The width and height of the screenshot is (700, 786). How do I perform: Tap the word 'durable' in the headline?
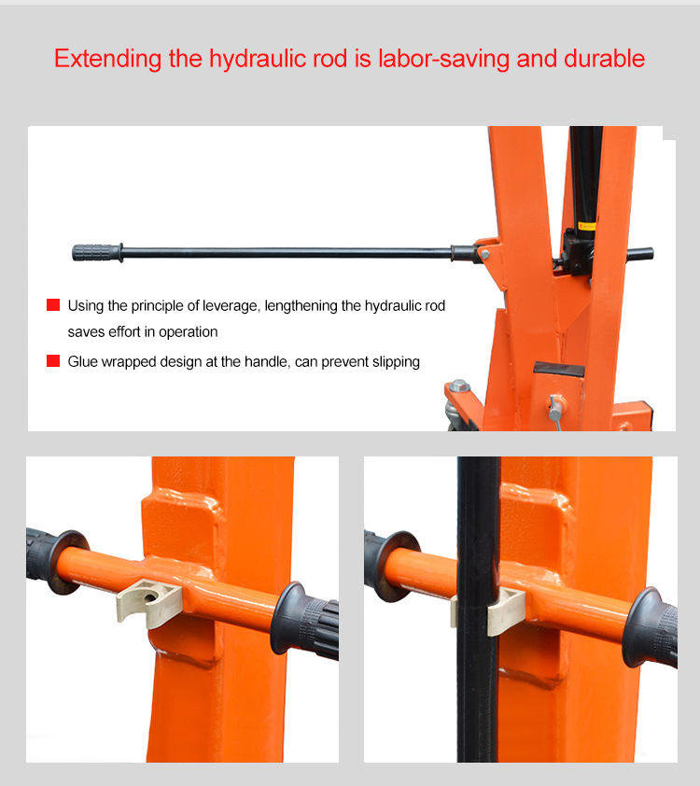[604, 59]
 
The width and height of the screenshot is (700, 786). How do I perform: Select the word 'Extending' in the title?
[107, 60]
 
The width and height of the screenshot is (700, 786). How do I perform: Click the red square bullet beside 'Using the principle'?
[53, 304]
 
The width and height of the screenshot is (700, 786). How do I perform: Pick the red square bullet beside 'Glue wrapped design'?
[53, 361]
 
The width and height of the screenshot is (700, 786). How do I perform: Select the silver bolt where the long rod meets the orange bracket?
[484, 254]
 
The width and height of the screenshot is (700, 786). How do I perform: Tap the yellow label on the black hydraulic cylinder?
[587, 226]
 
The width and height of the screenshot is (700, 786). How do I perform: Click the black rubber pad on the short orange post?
[559, 370]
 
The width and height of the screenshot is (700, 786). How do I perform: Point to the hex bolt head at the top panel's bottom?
[459, 386]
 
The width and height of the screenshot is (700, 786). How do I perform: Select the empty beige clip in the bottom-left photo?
[149, 601]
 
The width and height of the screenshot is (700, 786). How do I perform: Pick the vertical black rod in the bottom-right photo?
[478, 609]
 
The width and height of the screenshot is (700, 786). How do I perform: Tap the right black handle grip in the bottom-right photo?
[652, 626]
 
